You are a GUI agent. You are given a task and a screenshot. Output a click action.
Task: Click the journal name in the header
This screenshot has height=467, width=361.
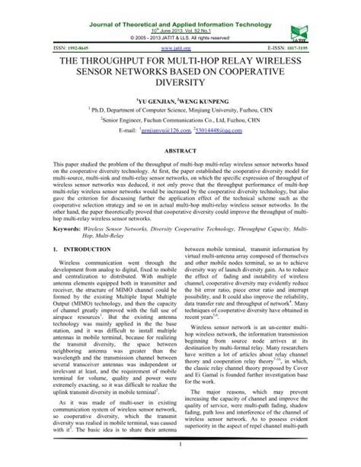pyautogui.click(x=180, y=6)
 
